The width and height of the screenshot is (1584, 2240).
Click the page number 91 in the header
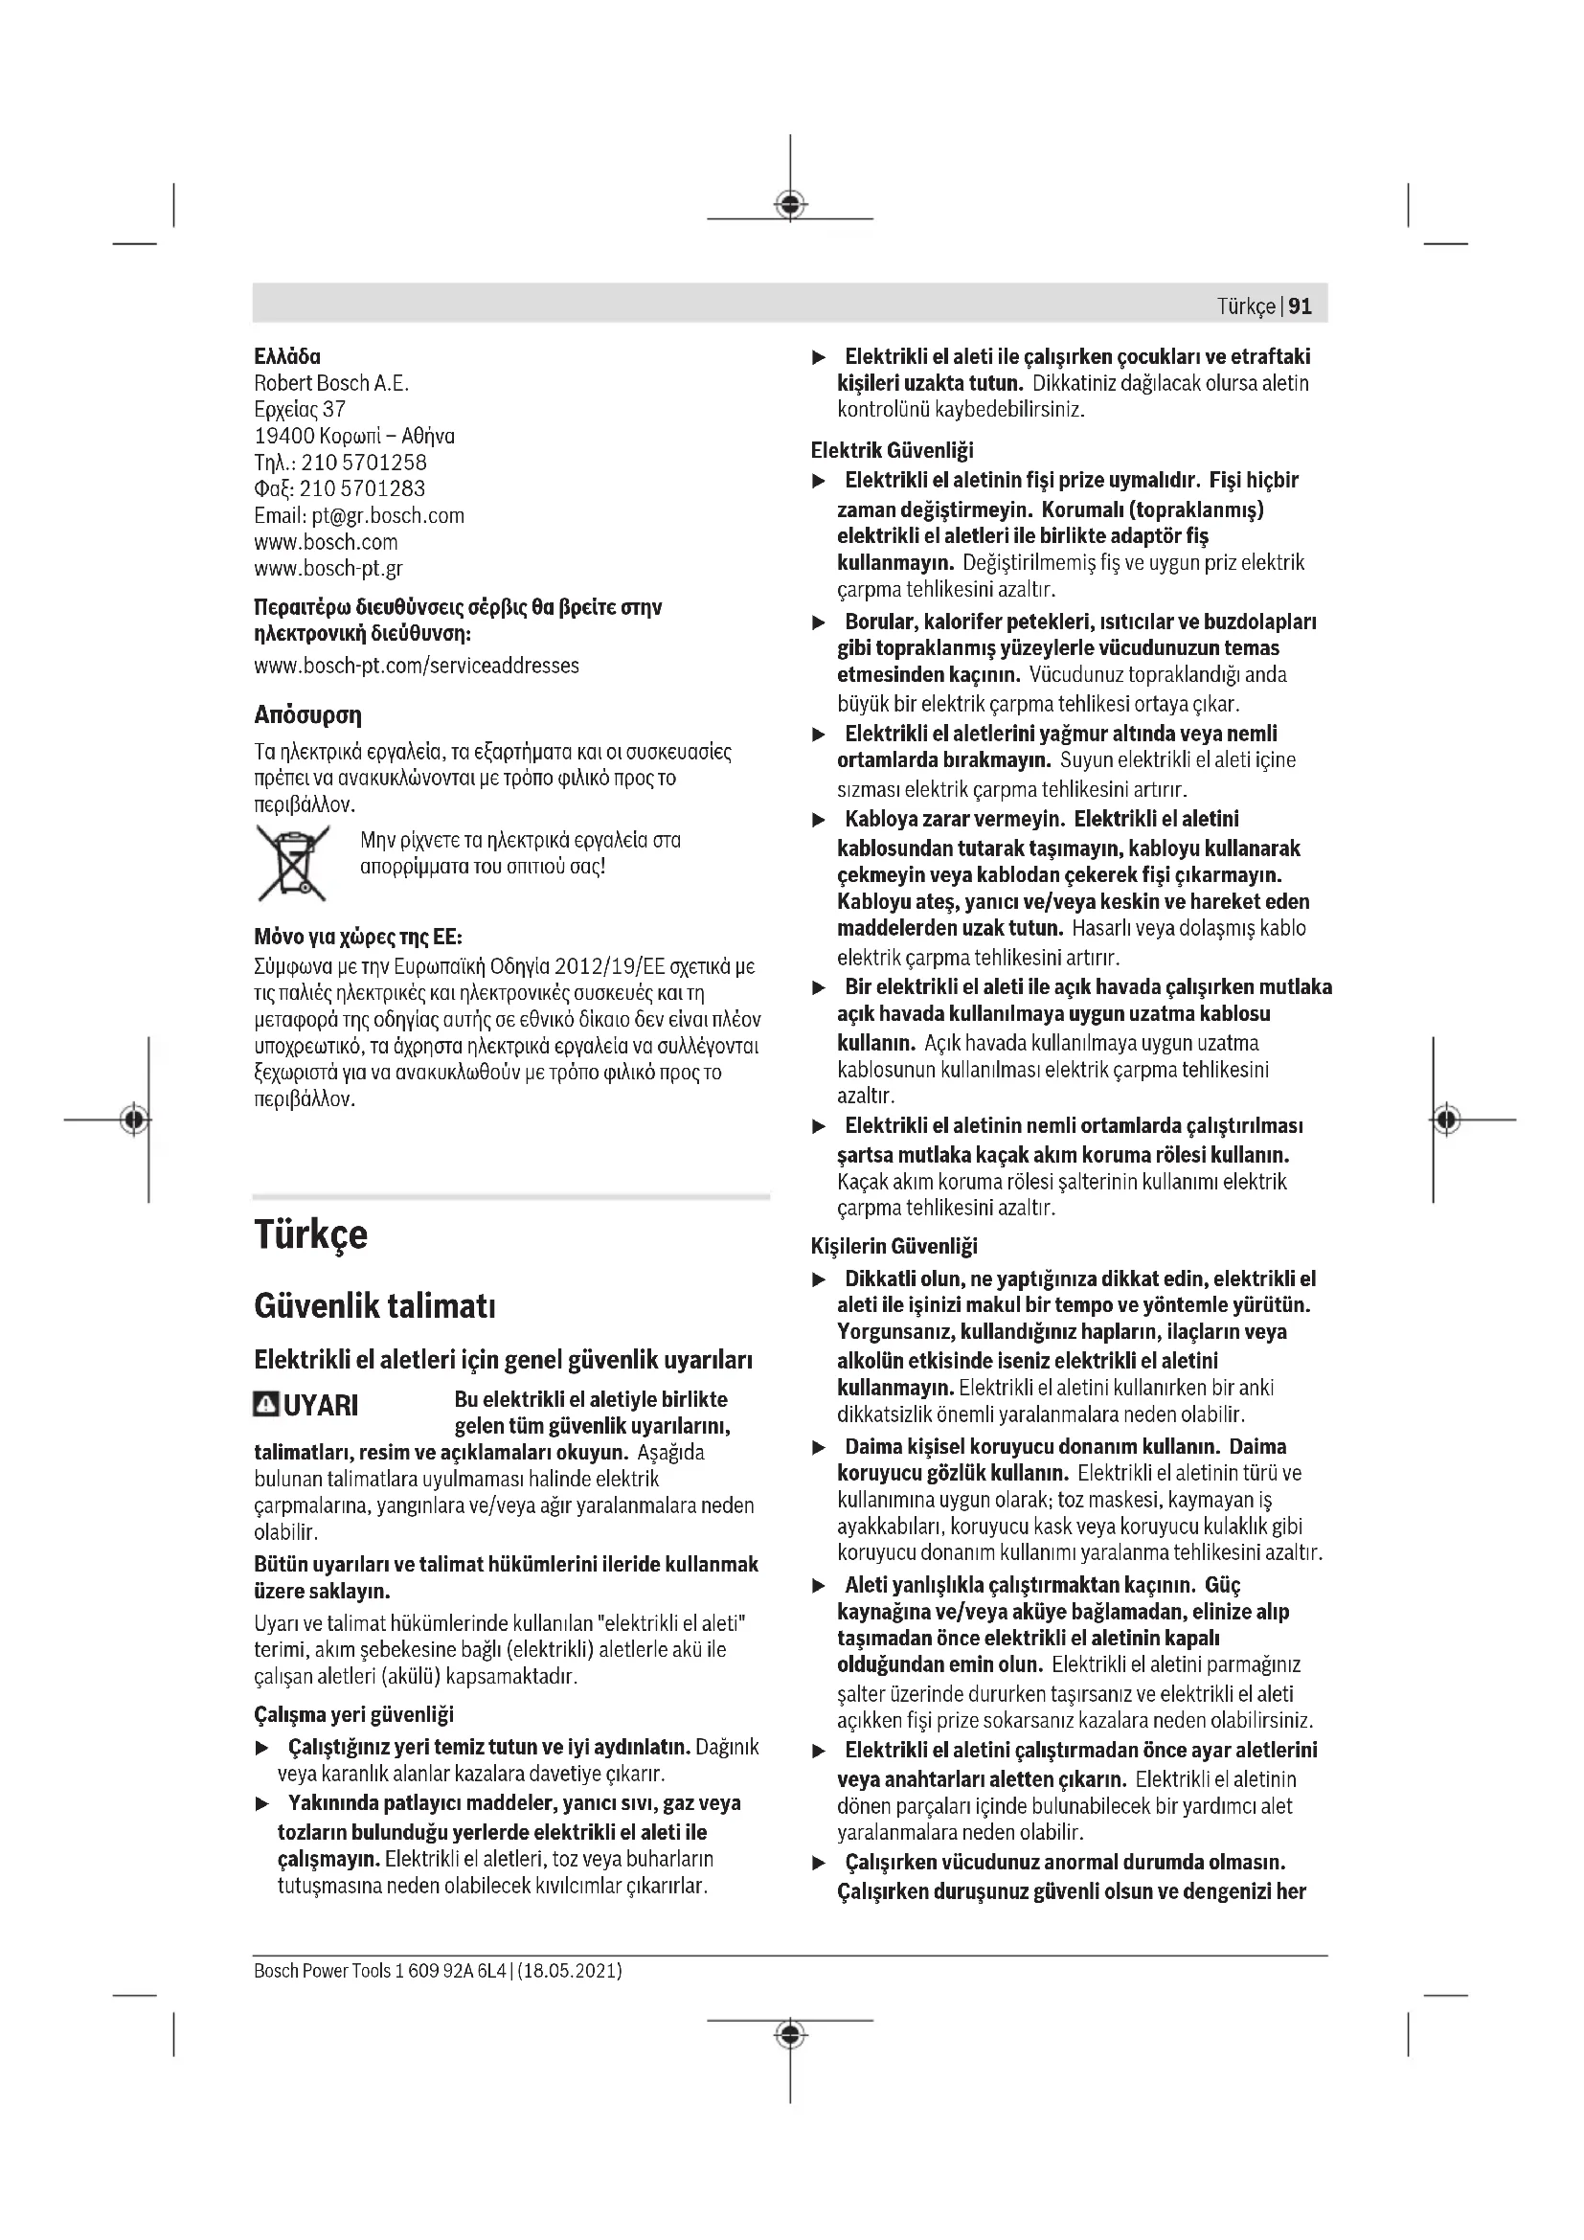click(x=1301, y=306)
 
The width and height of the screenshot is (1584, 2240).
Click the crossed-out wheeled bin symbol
click(x=293, y=863)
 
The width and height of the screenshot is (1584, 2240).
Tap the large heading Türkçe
click(x=310, y=1235)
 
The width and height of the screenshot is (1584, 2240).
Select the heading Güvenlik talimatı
click(x=374, y=1305)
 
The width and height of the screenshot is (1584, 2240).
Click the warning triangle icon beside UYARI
click(x=265, y=1405)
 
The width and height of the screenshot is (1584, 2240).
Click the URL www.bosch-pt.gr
click(x=328, y=568)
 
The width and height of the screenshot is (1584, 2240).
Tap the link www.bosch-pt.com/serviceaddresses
click(x=417, y=666)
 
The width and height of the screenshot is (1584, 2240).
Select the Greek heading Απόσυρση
click(x=307, y=715)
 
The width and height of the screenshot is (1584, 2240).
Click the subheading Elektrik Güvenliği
click(x=892, y=450)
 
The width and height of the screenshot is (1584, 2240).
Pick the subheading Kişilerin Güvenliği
click(x=894, y=1246)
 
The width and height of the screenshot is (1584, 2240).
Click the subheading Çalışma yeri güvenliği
click(x=353, y=1714)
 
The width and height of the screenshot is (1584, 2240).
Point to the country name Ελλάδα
click(x=286, y=356)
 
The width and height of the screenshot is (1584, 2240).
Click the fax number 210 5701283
click(x=362, y=488)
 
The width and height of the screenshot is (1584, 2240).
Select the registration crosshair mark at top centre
click(x=790, y=205)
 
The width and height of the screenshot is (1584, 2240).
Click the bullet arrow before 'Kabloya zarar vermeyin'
click(x=820, y=821)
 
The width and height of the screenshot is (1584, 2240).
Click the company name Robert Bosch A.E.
click(x=331, y=382)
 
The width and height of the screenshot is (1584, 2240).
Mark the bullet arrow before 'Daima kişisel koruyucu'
click(x=820, y=1448)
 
